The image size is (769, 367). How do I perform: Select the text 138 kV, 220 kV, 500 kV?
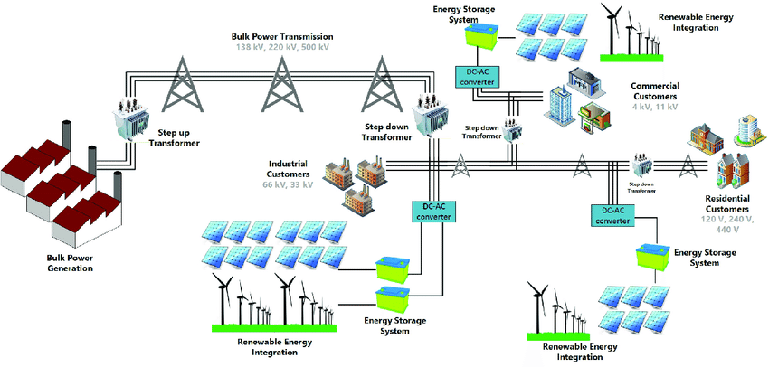pos(283,46)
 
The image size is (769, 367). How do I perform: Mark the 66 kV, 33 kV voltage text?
pos(289,184)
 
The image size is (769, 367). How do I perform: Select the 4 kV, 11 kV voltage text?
pos(655,107)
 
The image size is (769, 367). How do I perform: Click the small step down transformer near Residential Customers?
pos(643,168)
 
